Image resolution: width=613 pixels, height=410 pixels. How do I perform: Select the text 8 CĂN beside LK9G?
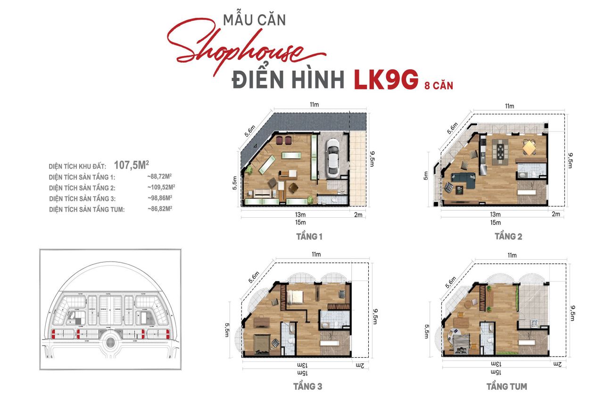coord(438,86)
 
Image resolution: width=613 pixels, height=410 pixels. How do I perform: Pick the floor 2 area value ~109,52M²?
coord(161,188)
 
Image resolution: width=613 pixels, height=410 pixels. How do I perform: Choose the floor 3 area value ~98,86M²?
coord(159,198)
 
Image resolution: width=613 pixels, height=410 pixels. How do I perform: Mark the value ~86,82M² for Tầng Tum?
coord(159,208)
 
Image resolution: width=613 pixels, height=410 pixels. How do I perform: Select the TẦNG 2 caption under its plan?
coord(508,236)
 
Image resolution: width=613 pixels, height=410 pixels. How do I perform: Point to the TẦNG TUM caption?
coord(507,386)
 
